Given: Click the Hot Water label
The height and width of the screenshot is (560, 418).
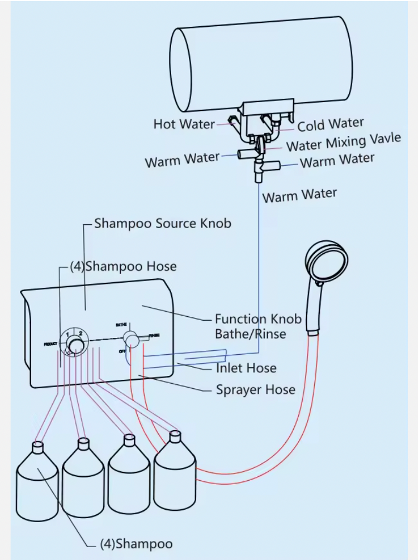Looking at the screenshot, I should tap(184, 124).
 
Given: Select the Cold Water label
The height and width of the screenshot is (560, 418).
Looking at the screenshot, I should tap(330, 124).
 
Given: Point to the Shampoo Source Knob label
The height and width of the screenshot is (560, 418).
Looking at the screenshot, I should tap(162, 224).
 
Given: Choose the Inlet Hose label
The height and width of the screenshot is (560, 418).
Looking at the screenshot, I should tap(246, 368).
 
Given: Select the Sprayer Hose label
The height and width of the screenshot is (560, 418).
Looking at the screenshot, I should tap(255, 389).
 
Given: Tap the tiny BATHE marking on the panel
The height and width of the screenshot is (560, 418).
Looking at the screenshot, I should tap(122, 324).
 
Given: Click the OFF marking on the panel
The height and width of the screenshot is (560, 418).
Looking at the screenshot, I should tap(122, 351).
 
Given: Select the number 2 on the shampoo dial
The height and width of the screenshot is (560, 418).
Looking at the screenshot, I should tap(80, 334).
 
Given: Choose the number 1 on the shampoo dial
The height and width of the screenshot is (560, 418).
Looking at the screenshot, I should tap(67, 334).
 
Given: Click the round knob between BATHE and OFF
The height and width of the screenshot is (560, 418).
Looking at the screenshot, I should tap(132, 339).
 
